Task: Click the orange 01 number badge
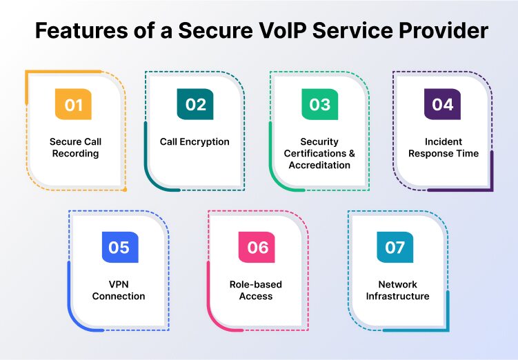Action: (73, 105)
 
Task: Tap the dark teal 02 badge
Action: (195, 105)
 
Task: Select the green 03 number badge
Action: (319, 105)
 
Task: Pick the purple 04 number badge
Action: (442, 105)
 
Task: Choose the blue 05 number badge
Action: (119, 247)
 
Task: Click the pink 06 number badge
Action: (257, 247)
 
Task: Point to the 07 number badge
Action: (395, 247)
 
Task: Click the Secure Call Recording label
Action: (75, 148)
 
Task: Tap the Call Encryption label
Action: (195, 141)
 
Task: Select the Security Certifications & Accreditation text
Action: (319, 154)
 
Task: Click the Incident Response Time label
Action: (443, 148)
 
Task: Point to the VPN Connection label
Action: (119, 290)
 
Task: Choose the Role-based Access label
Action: (256, 290)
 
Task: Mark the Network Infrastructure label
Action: (397, 290)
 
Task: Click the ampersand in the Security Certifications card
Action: (350, 154)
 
